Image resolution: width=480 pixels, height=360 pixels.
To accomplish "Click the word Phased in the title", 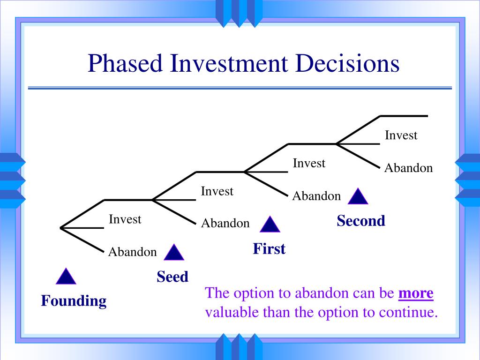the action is point(125,63).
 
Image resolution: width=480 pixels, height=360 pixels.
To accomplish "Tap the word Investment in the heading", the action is point(229,63).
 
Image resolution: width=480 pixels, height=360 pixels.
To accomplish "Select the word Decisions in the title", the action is point(347,63).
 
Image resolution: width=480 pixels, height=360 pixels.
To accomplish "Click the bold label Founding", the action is point(74,301).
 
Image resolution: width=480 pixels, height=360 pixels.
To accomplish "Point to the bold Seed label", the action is point(172,277).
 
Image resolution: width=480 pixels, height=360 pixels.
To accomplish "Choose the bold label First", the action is point(269,248).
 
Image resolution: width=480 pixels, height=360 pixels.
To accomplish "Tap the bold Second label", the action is point(361,221).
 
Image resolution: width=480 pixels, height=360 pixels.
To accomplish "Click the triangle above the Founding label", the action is point(66,277).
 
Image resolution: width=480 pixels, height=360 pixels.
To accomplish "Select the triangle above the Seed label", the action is point(174,252).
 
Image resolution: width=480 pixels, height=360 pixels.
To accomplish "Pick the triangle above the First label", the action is point(270,225).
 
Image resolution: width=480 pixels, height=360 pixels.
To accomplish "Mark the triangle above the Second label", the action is point(358,196).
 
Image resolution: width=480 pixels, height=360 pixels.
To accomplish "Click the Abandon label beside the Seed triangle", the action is point(133,252).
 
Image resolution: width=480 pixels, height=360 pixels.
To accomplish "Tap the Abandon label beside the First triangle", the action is point(225,223).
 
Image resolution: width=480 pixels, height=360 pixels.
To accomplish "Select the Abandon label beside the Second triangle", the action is point(316,196).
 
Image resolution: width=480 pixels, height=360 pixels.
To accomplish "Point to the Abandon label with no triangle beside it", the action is point(409,168).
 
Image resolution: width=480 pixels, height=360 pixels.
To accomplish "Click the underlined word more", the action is point(416,293).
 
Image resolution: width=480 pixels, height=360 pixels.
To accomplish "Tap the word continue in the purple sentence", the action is point(408,312).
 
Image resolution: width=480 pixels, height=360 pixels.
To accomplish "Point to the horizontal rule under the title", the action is point(240,88).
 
